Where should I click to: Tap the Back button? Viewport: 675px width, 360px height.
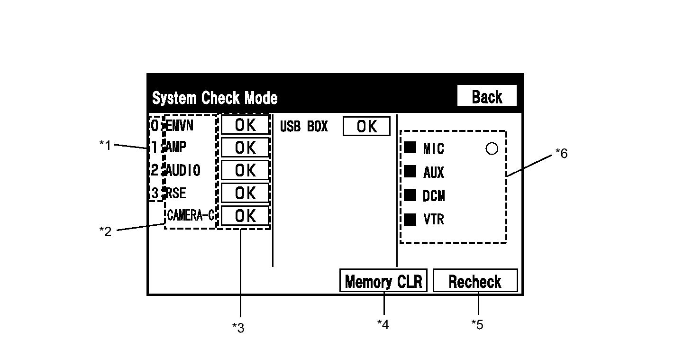[487, 96]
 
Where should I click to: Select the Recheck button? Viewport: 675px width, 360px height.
[475, 281]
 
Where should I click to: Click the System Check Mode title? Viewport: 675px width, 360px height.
[215, 98]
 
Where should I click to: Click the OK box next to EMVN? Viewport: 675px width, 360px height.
[245, 125]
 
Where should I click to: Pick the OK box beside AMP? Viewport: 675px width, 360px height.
[245, 148]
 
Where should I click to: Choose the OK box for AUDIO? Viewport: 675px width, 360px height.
[245, 170]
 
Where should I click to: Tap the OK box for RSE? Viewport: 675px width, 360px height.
[245, 193]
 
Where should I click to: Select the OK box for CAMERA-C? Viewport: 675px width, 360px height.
[245, 216]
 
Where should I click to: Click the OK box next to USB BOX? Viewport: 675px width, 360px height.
[366, 126]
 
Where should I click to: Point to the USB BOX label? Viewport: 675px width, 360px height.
[304, 126]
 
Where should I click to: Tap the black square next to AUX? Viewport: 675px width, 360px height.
[410, 172]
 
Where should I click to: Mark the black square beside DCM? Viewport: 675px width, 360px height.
[410, 195]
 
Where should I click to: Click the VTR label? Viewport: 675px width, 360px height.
[434, 219]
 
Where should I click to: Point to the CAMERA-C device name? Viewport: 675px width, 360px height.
[191, 215]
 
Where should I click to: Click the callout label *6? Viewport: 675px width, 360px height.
[562, 153]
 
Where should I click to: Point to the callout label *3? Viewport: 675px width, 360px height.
[238, 328]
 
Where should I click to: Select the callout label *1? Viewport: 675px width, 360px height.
[105, 145]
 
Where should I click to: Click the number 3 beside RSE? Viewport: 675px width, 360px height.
[155, 193]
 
